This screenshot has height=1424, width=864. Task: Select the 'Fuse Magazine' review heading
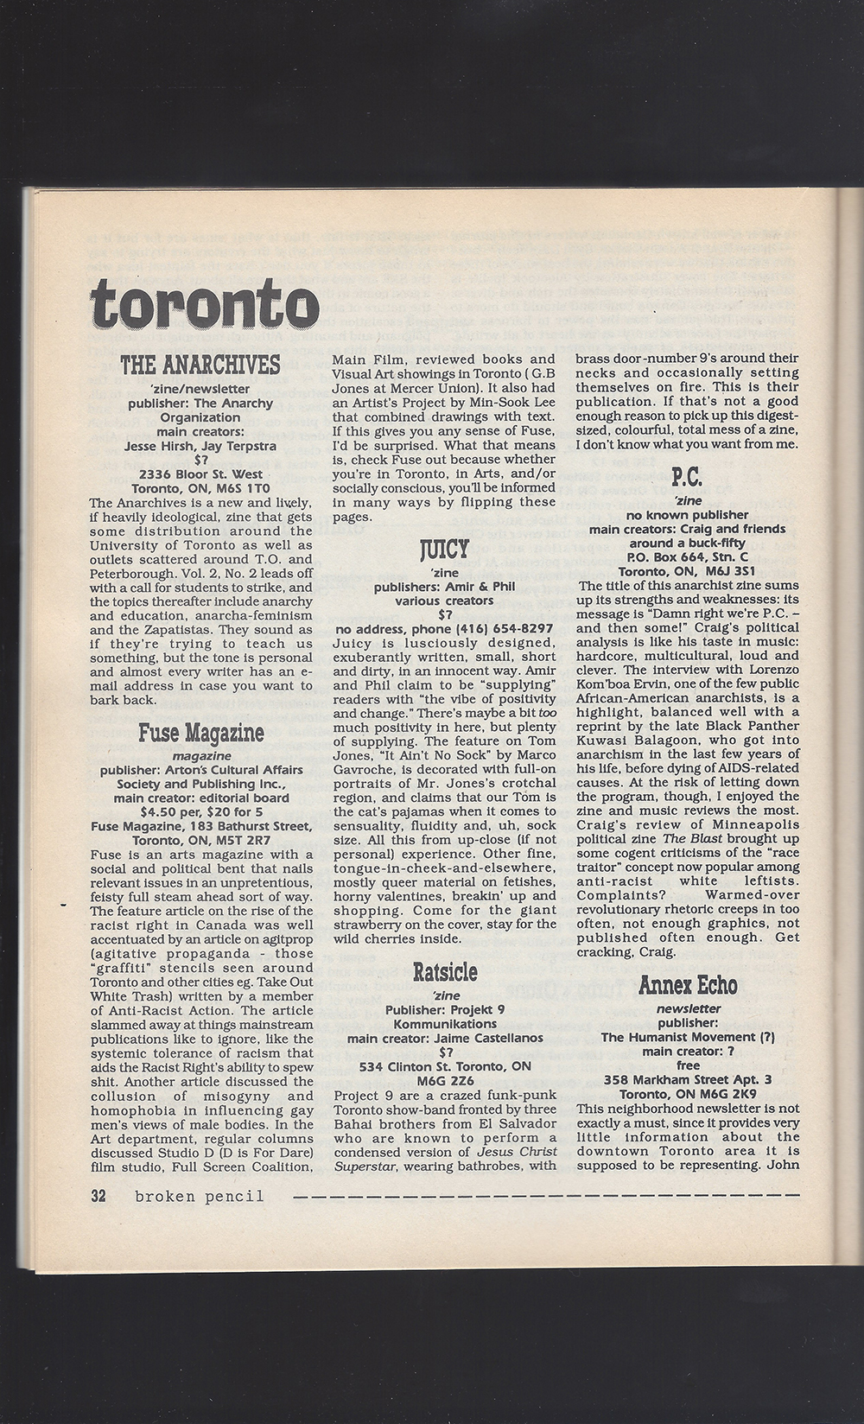click(x=200, y=734)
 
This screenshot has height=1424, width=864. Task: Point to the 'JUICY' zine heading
click(x=445, y=549)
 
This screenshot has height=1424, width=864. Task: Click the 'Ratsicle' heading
click(x=445, y=972)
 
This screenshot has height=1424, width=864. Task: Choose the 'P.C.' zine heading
click(x=688, y=476)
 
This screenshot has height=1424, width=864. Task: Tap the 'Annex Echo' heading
click(x=688, y=986)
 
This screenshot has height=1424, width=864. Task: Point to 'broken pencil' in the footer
click(x=200, y=1197)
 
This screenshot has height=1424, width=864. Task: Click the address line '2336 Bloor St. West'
click(x=201, y=474)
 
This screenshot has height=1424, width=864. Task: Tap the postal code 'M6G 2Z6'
click(x=445, y=1080)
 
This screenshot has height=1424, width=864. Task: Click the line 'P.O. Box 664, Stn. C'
click(x=688, y=556)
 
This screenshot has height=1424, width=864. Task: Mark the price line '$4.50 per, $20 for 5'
click(x=200, y=811)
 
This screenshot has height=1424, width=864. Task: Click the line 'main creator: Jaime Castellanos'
click(x=445, y=1038)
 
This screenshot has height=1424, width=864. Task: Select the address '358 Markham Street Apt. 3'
click(x=688, y=1079)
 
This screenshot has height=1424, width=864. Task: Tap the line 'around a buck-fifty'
click(x=688, y=543)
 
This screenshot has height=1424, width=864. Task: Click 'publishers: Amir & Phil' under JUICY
click(x=445, y=586)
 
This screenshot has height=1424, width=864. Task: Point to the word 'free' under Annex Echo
click(x=688, y=1065)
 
